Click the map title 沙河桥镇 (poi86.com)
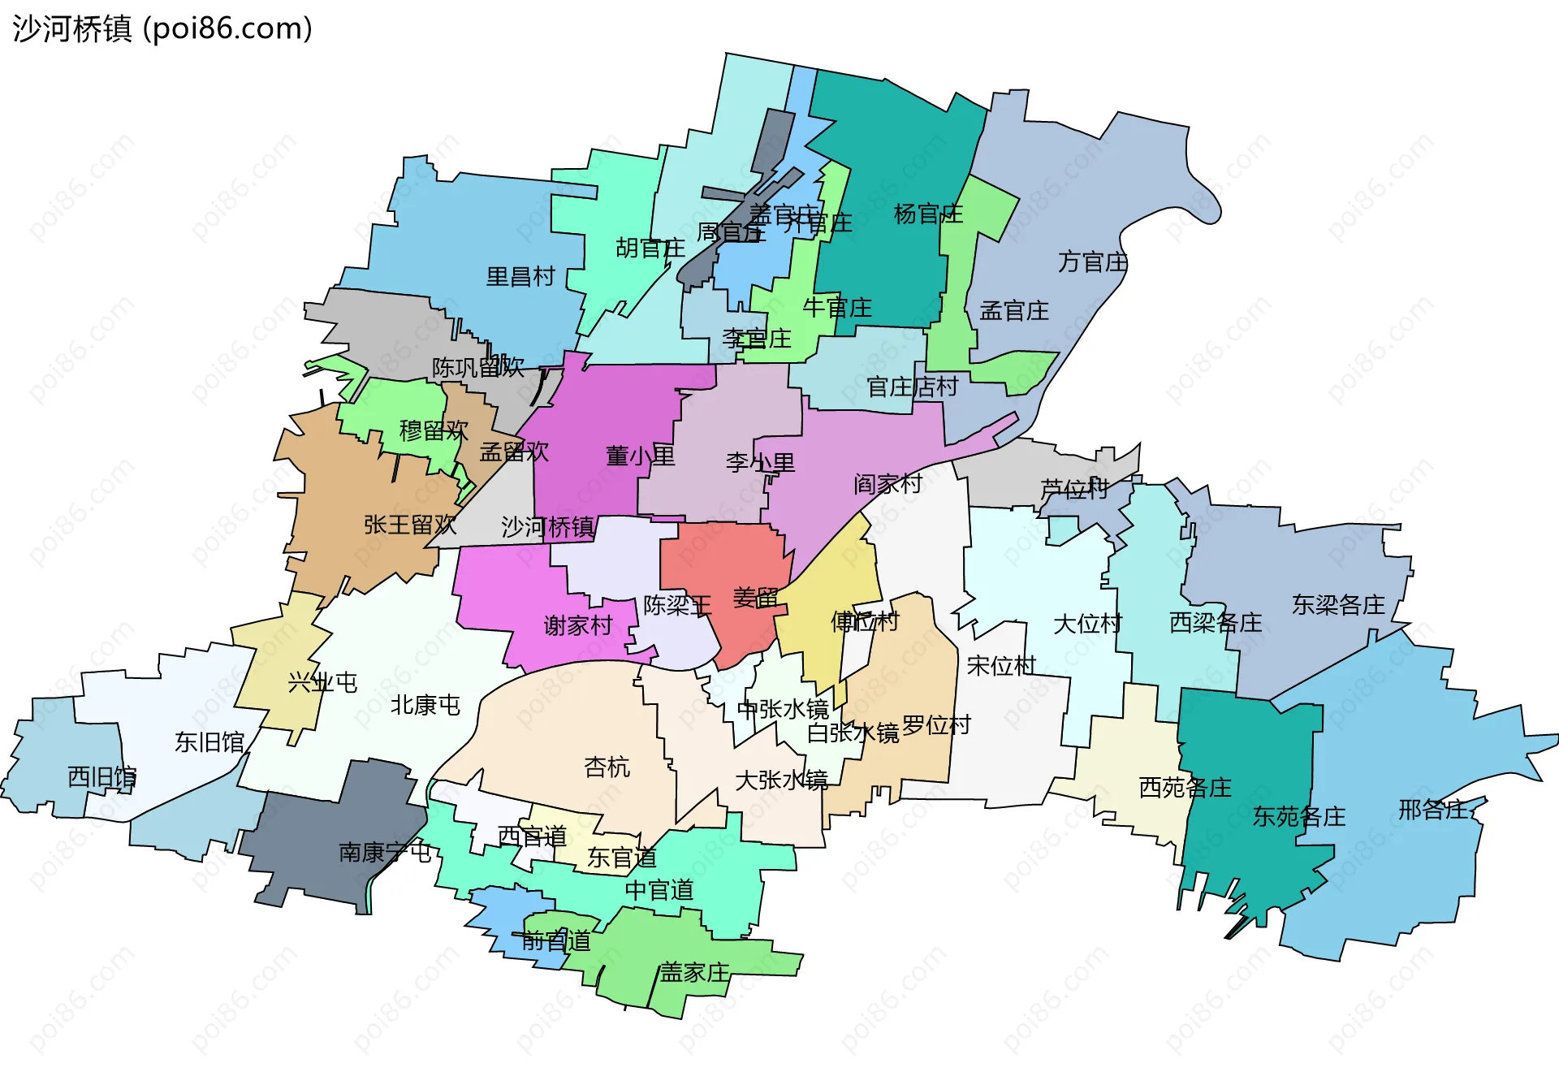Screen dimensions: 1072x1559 pos(162,29)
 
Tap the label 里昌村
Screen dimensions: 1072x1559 pos(520,277)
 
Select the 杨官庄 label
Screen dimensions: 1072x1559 pos(928,214)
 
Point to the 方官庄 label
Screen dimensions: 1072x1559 pos(1093,262)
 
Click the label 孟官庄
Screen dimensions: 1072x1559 pos(1014,311)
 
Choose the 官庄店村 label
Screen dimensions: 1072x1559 pos(913,387)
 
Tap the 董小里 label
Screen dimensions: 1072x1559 pos(640,456)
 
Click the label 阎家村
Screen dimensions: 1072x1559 pos(887,485)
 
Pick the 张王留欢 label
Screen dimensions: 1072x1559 pos(410,525)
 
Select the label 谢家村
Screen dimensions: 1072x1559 pos(577,626)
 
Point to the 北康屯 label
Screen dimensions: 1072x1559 pos(425,705)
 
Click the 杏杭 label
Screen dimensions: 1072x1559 pos(607,767)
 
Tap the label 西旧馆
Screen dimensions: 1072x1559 pos(101,777)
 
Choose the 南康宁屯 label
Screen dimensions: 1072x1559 pos(384,852)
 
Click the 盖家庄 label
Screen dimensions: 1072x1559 pos(694,972)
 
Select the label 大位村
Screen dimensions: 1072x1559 pos(1087,625)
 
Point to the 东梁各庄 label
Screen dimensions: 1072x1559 pos(1338,605)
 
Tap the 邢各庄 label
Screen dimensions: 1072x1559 pos(1433,810)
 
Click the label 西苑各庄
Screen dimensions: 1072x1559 pos(1185,787)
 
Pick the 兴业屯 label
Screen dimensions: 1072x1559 pos(322,682)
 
